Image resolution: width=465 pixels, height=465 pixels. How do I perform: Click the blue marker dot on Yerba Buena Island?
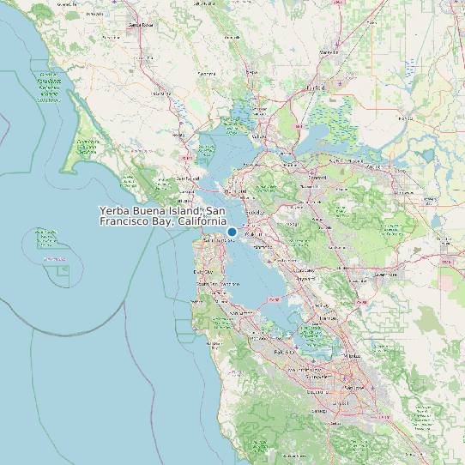[x=232, y=232]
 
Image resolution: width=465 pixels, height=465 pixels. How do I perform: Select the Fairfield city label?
[x=317, y=88]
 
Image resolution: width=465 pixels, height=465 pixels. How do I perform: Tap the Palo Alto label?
[x=285, y=352]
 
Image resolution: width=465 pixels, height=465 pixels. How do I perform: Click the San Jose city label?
[x=347, y=387]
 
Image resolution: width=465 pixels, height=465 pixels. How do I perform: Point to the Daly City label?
[x=203, y=271]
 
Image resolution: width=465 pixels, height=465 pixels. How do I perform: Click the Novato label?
[x=186, y=135]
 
